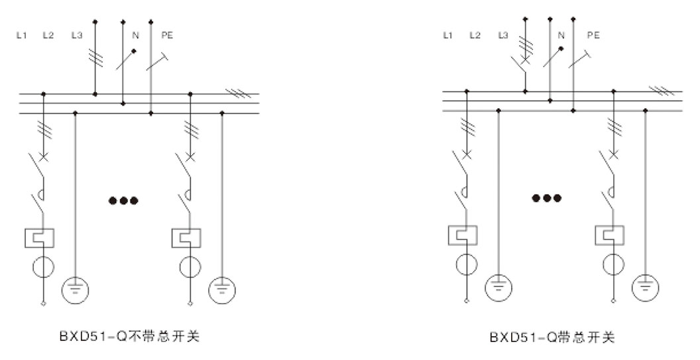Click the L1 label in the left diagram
point(21,34)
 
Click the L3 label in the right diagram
point(504,34)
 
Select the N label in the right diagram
point(561,34)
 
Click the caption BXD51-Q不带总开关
point(129,337)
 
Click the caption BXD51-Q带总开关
point(552,337)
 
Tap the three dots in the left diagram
point(124,200)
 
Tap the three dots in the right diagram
point(548,198)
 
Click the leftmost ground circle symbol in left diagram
point(75,288)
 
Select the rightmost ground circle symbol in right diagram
point(646,286)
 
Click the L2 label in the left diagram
point(48,34)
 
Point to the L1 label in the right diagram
point(447,34)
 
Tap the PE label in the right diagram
point(593,34)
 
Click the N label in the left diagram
point(135,34)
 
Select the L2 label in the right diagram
point(475,34)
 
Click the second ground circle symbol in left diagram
point(222,288)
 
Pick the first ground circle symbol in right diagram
point(498,286)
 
